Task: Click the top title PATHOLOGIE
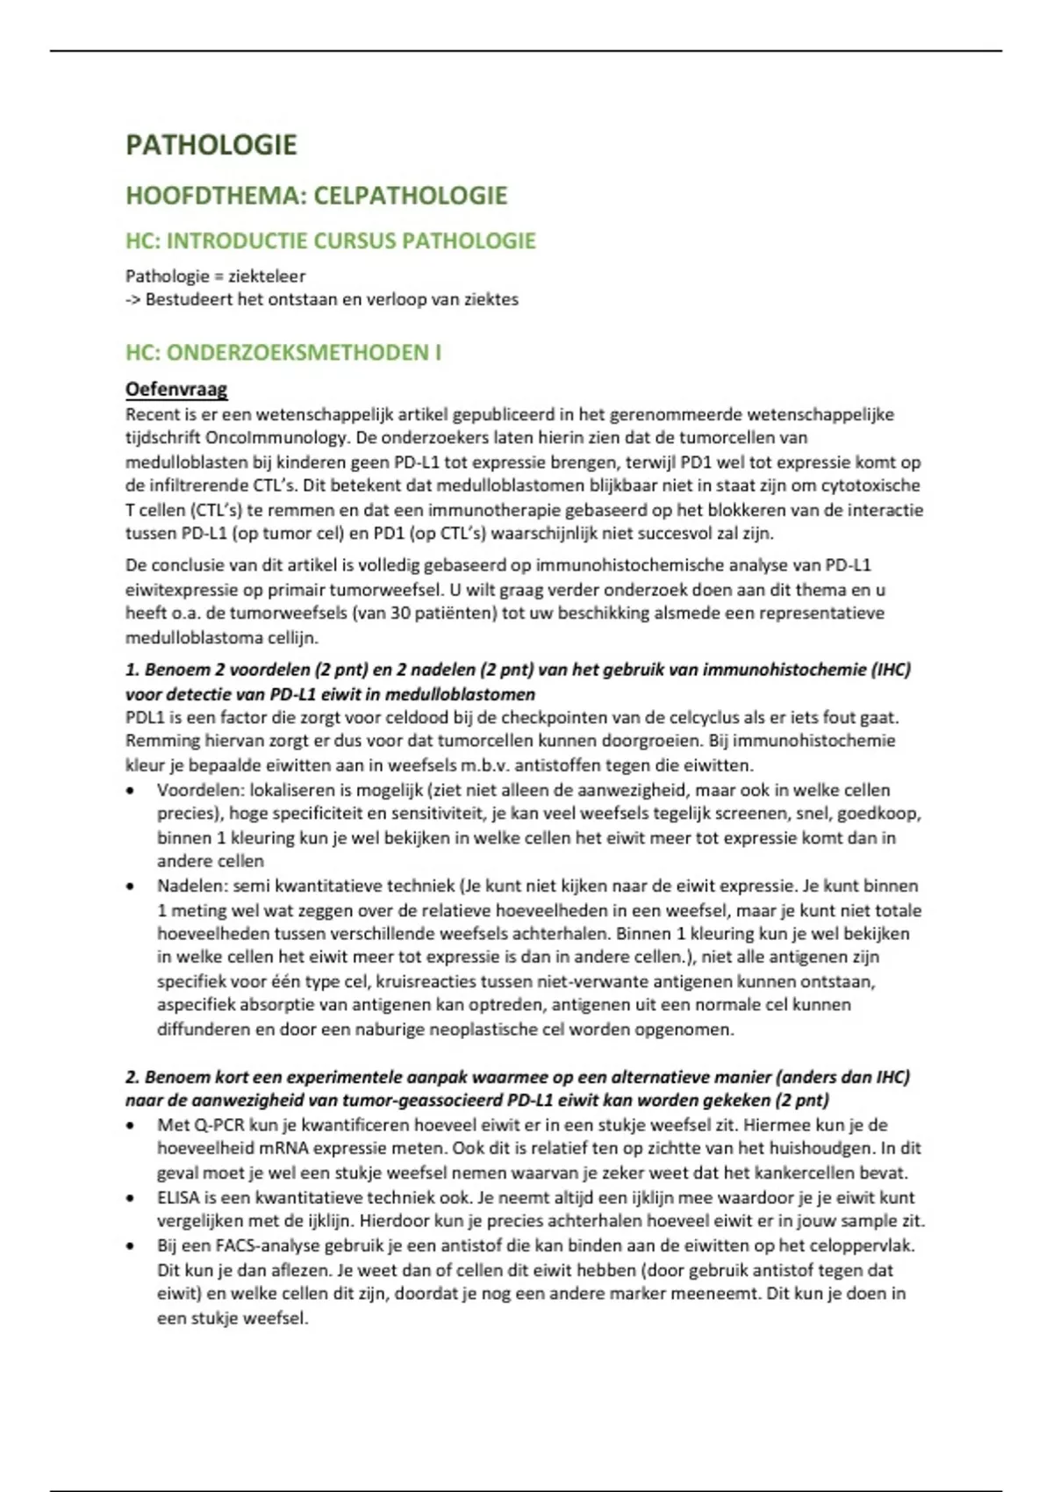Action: [x=211, y=145]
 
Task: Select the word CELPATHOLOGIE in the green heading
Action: [x=410, y=195]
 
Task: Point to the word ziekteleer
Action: [x=267, y=276]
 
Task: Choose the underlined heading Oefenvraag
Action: [x=176, y=389]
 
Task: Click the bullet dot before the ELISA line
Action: [x=131, y=1197]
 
